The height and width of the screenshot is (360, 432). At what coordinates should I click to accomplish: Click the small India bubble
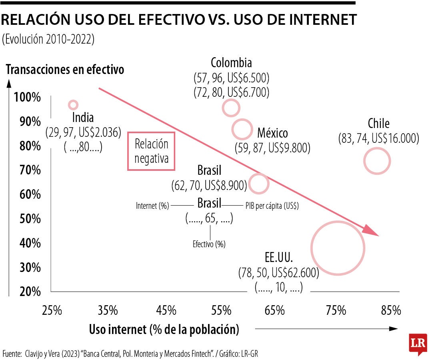pos(73,105)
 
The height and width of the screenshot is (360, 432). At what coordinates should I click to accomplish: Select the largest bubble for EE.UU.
pos(338,248)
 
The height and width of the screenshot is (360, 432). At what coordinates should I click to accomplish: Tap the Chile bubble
pos(377,161)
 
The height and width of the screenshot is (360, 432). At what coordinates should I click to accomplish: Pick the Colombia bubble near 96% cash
pos(231,108)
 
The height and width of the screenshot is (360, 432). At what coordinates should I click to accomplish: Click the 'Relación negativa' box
pos(151,151)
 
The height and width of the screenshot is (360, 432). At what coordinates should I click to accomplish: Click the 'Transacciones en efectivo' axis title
pos(65,70)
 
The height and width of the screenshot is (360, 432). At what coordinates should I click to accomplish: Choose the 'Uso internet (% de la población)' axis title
pos(164,330)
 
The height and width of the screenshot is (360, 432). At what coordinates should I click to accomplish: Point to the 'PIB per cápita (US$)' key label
pos(272,206)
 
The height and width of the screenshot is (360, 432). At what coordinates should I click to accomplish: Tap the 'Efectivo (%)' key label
pos(209,244)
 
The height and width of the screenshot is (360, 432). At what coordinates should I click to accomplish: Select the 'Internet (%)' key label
pos(152,206)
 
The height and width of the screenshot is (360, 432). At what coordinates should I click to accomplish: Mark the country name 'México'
pos(272,132)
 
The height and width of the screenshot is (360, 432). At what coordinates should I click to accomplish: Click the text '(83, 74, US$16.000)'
pos(378,139)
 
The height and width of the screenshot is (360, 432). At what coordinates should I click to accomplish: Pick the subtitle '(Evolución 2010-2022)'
pos(48,40)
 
